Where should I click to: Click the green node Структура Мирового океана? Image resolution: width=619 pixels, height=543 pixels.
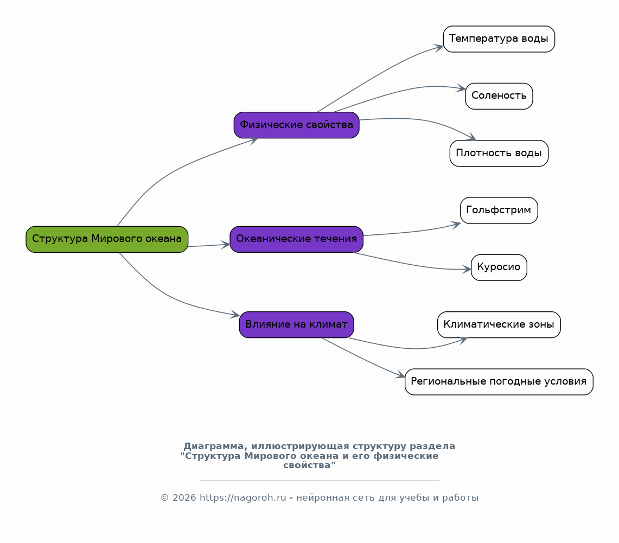coord(107,239)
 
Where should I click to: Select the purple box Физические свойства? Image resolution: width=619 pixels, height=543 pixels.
coord(296,125)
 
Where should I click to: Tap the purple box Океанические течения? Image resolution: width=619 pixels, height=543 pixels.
coord(296,239)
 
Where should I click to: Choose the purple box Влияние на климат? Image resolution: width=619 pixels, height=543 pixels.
coord(296,325)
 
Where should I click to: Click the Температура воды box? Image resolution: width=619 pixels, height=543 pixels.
coord(499,39)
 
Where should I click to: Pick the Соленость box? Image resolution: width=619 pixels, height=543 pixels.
coord(499,96)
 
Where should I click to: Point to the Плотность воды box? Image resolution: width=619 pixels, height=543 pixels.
coord(499,154)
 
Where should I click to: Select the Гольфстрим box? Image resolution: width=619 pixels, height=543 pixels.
coord(499,210)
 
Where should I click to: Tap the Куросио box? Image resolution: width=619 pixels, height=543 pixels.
coord(499,267)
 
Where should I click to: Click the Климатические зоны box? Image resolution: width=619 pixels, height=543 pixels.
coord(499,325)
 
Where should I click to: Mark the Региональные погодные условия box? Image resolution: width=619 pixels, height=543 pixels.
coord(499,382)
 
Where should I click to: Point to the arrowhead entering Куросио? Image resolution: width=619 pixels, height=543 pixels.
coord(468,269)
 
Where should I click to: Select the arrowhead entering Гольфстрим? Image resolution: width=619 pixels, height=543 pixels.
coord(457,223)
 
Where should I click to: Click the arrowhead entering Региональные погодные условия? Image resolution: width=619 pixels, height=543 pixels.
coord(401,375)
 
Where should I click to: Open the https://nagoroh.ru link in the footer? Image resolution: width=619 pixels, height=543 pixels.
coord(243,498)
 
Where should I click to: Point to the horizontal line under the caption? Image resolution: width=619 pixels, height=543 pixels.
coord(319,481)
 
